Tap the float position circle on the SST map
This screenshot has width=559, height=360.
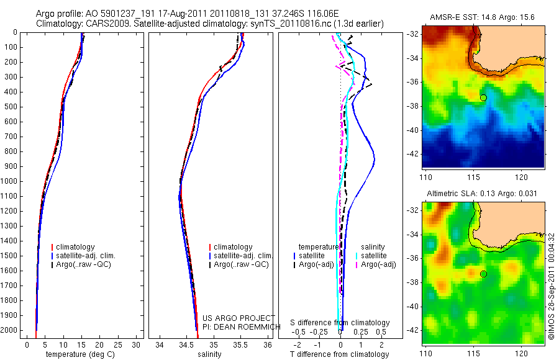pyautogui.click(x=483, y=97)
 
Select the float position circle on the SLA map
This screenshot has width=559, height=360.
pyautogui.click(x=483, y=274)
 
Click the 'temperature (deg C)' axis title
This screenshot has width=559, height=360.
pyautogui.click(x=80, y=354)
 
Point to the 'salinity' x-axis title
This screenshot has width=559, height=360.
pyautogui.click(x=209, y=354)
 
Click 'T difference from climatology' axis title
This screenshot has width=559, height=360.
pyautogui.click(x=339, y=354)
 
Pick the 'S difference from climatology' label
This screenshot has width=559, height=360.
pyautogui.click(x=340, y=323)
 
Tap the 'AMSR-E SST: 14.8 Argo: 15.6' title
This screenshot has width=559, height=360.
pyautogui.click(x=482, y=17)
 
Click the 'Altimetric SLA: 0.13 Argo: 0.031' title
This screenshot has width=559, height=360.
pyautogui.click(x=481, y=194)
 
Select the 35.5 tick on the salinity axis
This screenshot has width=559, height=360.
pyautogui.click(x=240, y=344)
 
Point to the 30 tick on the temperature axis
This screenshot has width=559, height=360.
pyautogui.click(x=136, y=344)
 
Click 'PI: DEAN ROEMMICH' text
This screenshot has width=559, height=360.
pyautogui.click(x=242, y=327)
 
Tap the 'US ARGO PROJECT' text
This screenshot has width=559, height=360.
pyautogui.click(x=239, y=318)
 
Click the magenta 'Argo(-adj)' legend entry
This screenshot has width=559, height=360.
pyautogui.click(x=376, y=264)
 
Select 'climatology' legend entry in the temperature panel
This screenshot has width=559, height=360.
pyautogui.click(x=73, y=247)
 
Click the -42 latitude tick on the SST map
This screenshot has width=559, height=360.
pyautogui.click(x=413, y=155)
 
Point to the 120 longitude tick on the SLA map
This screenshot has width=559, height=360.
pyautogui.click(x=521, y=354)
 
